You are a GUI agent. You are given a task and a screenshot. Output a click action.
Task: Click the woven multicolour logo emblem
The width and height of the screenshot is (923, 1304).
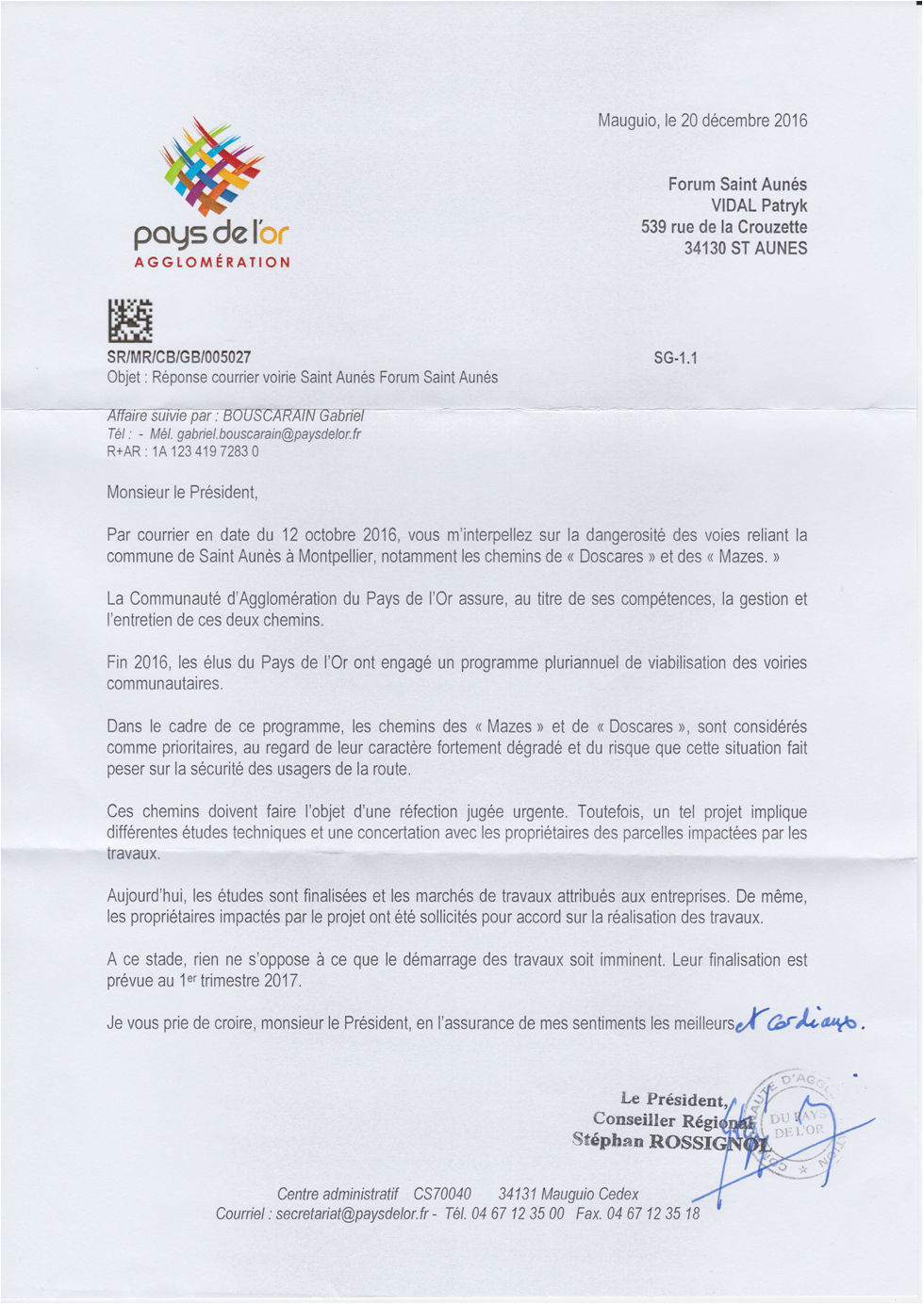point(211,166)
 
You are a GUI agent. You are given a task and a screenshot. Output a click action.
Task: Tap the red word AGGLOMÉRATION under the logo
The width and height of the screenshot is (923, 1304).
point(212,262)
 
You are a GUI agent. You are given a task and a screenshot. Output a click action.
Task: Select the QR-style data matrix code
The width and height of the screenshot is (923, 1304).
point(130,320)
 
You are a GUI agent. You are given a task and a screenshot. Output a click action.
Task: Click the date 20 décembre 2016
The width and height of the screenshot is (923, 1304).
point(744,121)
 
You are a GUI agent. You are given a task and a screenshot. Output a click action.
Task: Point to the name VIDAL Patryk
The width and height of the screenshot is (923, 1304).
point(759,205)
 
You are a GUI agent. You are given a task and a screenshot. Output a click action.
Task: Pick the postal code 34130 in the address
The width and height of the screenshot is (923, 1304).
point(705,249)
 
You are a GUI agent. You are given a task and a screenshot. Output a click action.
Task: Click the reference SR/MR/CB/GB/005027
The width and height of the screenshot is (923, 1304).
point(179,357)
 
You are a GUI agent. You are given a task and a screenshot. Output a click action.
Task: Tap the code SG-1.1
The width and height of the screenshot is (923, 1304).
point(675,358)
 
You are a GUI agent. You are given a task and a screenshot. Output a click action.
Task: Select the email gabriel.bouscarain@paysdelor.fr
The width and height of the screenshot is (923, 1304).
point(269,434)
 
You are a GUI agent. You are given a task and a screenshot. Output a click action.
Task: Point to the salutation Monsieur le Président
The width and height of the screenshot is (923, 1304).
point(182,492)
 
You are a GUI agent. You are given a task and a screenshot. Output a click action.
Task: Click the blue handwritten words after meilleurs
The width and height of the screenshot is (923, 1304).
point(799,1021)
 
